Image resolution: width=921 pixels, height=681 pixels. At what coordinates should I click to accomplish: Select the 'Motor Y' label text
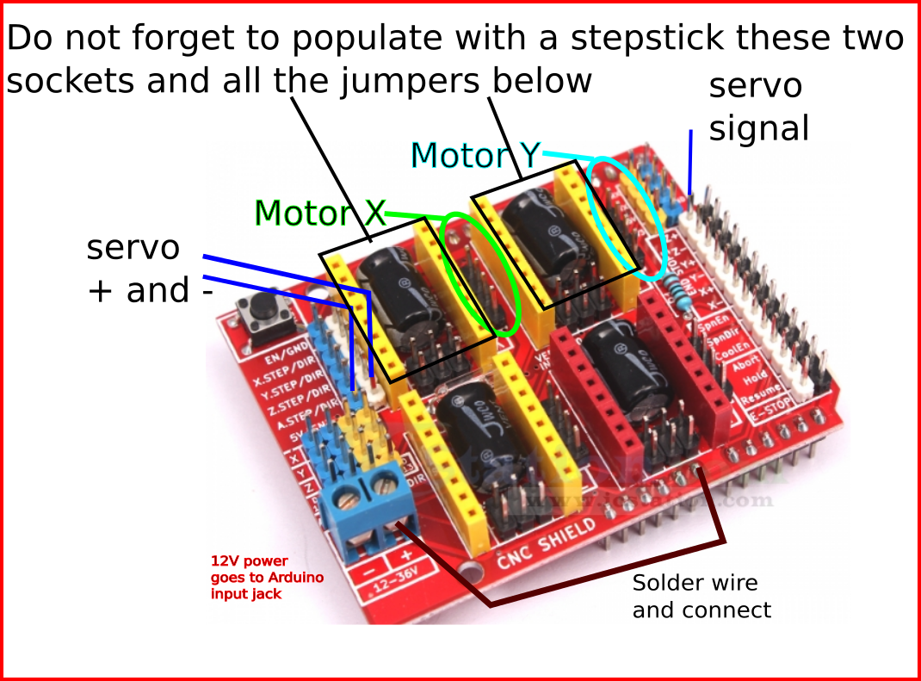475,156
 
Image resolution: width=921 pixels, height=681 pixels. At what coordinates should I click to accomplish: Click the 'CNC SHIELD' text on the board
548,542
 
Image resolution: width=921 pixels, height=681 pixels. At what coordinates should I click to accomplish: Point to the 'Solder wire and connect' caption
702,596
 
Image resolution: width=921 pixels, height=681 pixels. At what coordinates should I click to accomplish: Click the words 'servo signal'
757,107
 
